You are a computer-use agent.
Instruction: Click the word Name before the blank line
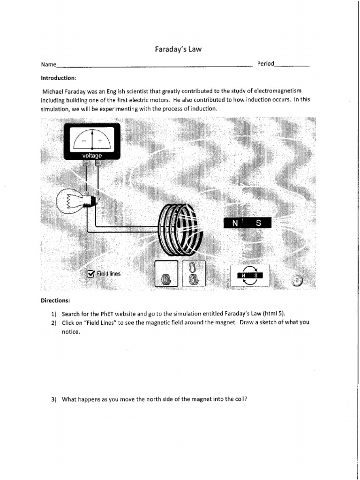pyautogui.click(x=48, y=64)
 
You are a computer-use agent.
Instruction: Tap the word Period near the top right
pyautogui.click(x=265, y=64)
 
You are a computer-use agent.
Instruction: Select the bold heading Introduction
pyautogui.click(x=58, y=77)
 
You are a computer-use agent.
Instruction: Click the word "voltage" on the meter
pyautogui.click(x=92, y=155)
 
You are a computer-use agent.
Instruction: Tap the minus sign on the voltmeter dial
pyautogui.click(x=83, y=140)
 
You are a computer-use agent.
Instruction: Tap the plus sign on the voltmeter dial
pyautogui.click(x=100, y=140)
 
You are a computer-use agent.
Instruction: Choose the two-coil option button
pyautogui.click(x=192, y=273)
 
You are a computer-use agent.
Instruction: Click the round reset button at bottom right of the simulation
pyautogui.click(x=297, y=280)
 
